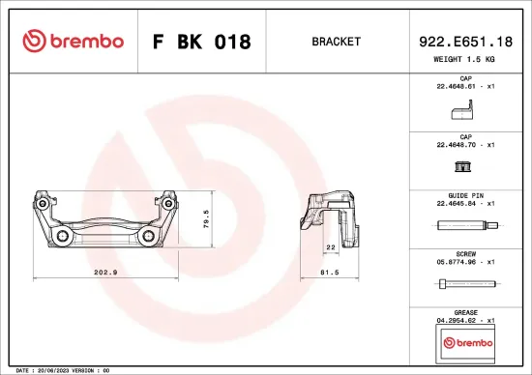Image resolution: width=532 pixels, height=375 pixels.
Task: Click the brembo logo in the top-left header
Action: tap(74, 42)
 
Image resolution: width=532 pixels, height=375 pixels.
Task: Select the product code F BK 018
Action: tap(202, 43)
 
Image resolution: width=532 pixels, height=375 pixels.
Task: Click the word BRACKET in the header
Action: tap(337, 42)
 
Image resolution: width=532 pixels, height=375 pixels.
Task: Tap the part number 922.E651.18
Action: tap(465, 41)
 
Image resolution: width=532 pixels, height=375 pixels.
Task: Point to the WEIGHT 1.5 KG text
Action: tap(465, 60)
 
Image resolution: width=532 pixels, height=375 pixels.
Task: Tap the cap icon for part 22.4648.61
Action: tap(463, 113)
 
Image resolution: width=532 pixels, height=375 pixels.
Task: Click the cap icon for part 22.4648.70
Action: tap(464, 167)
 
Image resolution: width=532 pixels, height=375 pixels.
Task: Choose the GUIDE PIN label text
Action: tap(465, 196)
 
